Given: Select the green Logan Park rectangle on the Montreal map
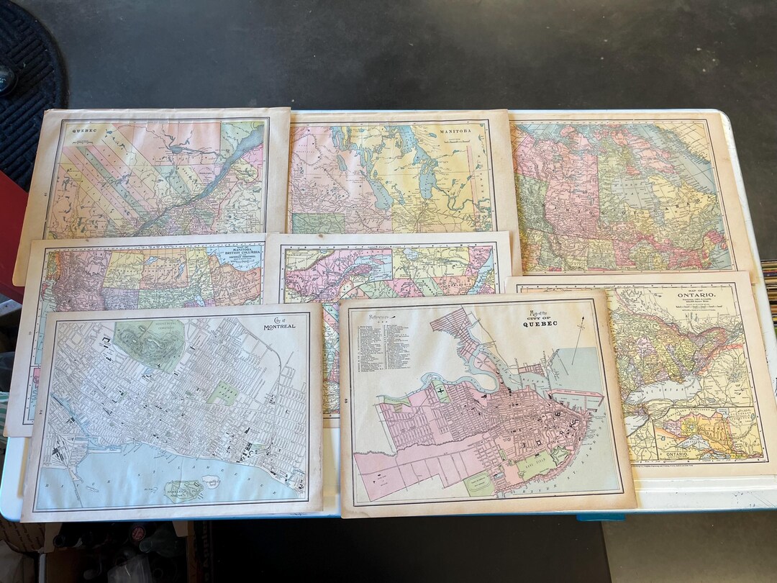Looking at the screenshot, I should [222, 393].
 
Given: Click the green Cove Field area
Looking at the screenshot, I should [536, 465].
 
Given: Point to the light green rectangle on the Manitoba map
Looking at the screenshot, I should [317, 223].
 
